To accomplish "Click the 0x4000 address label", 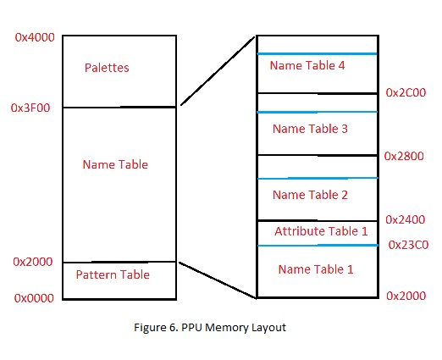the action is pos(35,37).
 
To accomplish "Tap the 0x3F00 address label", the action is pos(30,108).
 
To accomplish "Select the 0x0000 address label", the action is pos(34,298).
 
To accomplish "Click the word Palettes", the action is pos(107,68).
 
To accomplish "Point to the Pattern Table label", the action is pos(113,274).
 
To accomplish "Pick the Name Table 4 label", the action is pos(307,65).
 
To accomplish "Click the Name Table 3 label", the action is pos(310,129).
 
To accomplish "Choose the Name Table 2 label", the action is pos(310,195).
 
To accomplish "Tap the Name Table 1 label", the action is pos(316,269).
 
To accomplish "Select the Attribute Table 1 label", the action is pos(321,231).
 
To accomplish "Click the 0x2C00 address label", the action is pos(406,92).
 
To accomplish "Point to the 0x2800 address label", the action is pos(404,156).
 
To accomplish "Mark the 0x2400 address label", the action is pos(406,219).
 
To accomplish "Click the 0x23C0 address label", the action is pos(408,245).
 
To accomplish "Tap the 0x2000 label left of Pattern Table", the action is pos(33,262).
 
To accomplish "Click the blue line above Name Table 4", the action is pos(317,53).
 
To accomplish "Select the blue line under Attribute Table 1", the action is pos(318,246).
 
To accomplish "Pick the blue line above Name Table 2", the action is pos(318,178).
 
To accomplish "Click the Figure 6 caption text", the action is pos(210,328).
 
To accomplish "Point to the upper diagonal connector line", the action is pos(218,71).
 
